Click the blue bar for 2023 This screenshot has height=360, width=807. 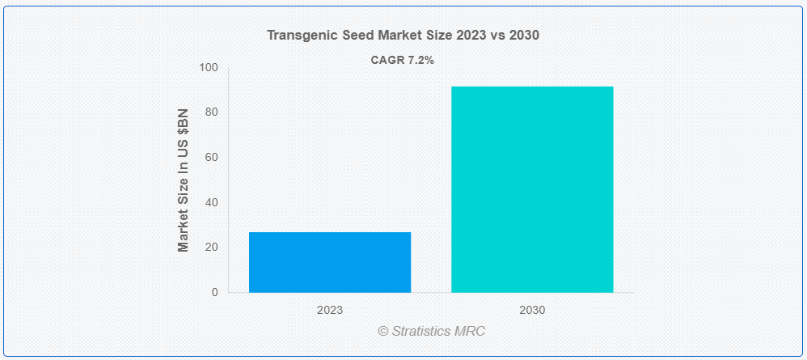coord(330,262)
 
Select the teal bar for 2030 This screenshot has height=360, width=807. coord(532,189)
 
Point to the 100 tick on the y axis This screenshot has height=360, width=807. coord(209,67)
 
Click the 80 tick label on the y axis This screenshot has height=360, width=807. coord(211,112)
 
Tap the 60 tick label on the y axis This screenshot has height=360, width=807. coord(211,157)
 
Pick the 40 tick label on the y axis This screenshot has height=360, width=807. coord(211,202)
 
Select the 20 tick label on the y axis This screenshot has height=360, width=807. coord(211,247)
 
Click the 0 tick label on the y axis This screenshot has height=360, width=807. coord(214,292)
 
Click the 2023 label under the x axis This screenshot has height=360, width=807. coord(330,310)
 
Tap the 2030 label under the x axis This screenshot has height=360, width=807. coord(532,310)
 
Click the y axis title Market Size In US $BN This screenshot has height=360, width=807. coord(184,180)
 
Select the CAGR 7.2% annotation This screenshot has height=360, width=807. coord(403,59)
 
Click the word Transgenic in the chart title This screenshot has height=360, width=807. coord(298,36)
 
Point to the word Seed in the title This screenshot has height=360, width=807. coord(350,36)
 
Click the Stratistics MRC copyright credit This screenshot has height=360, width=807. coord(431,331)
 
